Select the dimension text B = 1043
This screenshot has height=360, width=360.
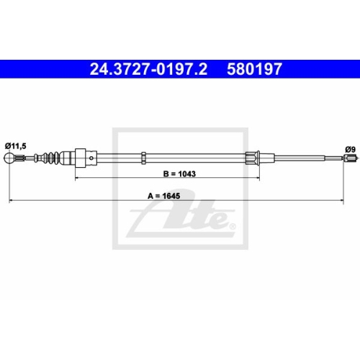[x=180, y=174]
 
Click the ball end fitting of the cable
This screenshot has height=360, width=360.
[x=11, y=159]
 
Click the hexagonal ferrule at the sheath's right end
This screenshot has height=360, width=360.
[x=254, y=158]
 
